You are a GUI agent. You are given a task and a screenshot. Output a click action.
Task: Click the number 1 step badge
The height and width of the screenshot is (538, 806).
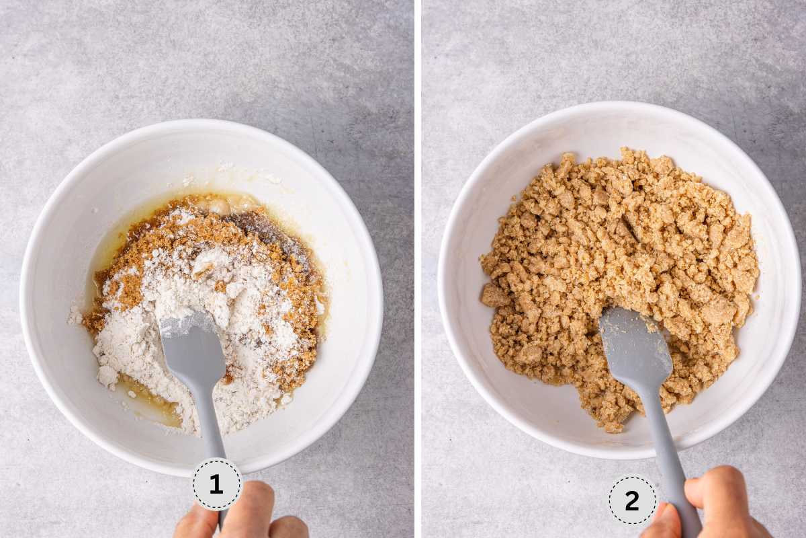coord(217,484)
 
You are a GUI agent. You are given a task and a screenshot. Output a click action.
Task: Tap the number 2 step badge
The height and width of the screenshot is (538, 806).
coord(632,500)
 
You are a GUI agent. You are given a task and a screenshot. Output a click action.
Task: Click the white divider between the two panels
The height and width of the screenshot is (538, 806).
coord(418,269)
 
